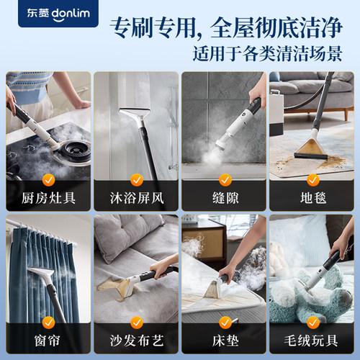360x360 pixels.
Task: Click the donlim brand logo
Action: tap(50, 12)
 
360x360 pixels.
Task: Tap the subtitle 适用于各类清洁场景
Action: tap(274, 54)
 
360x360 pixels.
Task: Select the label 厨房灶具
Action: tap(48, 197)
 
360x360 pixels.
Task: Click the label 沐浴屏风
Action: tap(136, 197)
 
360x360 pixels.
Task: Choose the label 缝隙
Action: tap(224, 197)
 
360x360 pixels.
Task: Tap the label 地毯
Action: tap(312, 197)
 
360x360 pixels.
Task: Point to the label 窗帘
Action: tap(48, 340)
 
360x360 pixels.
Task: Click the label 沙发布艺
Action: tap(136, 340)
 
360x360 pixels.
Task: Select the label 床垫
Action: tap(224, 340)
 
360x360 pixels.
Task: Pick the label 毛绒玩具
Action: tap(312, 340)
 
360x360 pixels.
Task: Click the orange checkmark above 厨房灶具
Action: tap(48, 178)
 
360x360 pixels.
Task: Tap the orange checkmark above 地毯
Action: tap(312, 178)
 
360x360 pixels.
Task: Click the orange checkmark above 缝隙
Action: tap(224, 178)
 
